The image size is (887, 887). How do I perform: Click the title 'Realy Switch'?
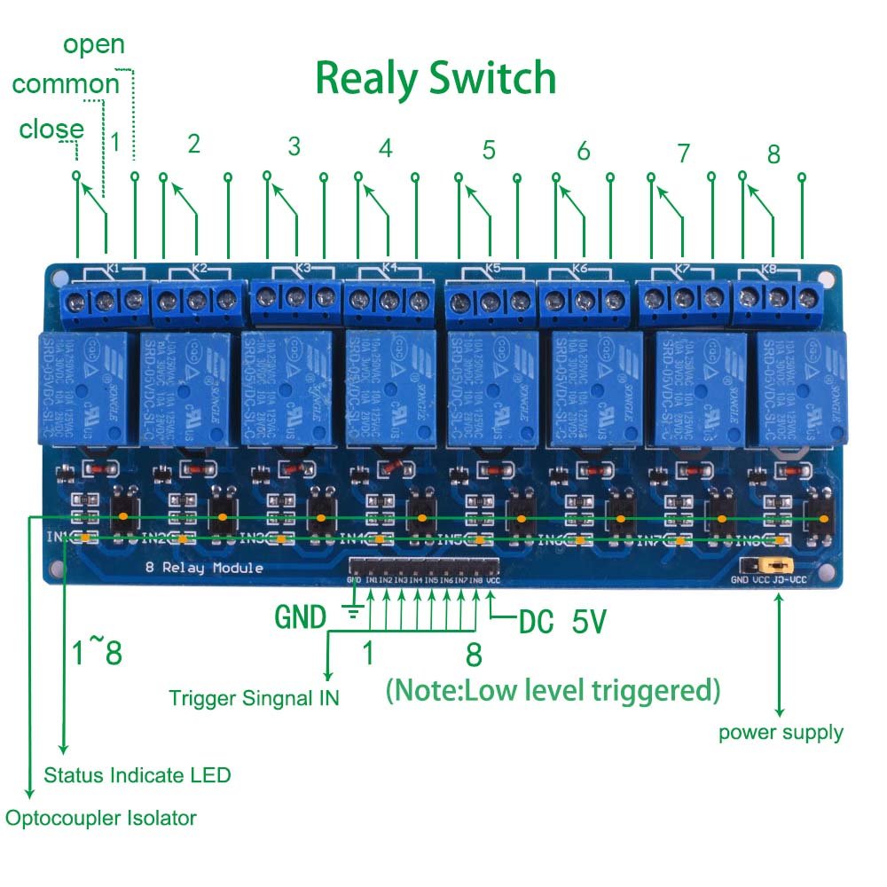(436, 79)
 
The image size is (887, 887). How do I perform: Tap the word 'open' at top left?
(93, 44)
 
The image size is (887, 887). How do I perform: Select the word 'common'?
(66, 84)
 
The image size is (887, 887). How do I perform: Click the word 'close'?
(51, 130)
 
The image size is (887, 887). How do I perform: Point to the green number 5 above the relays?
(489, 150)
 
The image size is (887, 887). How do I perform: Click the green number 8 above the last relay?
(773, 154)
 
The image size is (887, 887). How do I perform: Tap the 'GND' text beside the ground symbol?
(300, 616)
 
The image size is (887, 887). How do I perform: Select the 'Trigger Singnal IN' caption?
(254, 698)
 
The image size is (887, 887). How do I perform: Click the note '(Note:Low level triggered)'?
(553, 689)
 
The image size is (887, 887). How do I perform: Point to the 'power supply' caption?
(781, 733)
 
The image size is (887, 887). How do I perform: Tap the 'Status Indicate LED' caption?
(137, 775)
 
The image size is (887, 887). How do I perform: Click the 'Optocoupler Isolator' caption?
(100, 818)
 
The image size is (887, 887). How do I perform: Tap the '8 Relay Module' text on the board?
(204, 568)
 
